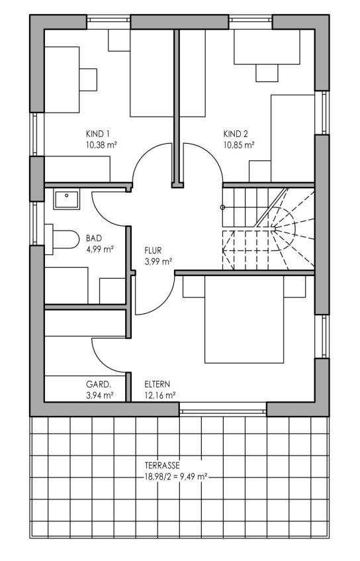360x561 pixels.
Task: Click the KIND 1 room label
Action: coord(97,134)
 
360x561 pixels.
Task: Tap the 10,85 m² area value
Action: coord(239,145)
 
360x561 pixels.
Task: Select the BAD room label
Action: coord(94,238)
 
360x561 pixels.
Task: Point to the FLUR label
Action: coord(153,250)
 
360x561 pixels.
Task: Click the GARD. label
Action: coord(99,385)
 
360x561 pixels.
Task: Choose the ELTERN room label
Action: coord(157,385)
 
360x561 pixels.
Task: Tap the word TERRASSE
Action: coord(162,466)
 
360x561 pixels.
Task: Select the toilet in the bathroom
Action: coord(62,239)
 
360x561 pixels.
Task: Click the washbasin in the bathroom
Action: coord(66,199)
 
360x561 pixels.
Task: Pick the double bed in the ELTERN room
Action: coord(244,319)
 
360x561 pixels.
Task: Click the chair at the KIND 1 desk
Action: coord(88,79)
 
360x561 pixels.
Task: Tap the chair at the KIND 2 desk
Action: coord(267,73)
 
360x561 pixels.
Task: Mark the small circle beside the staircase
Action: coord(222,207)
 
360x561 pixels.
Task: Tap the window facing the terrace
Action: coord(223,409)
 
